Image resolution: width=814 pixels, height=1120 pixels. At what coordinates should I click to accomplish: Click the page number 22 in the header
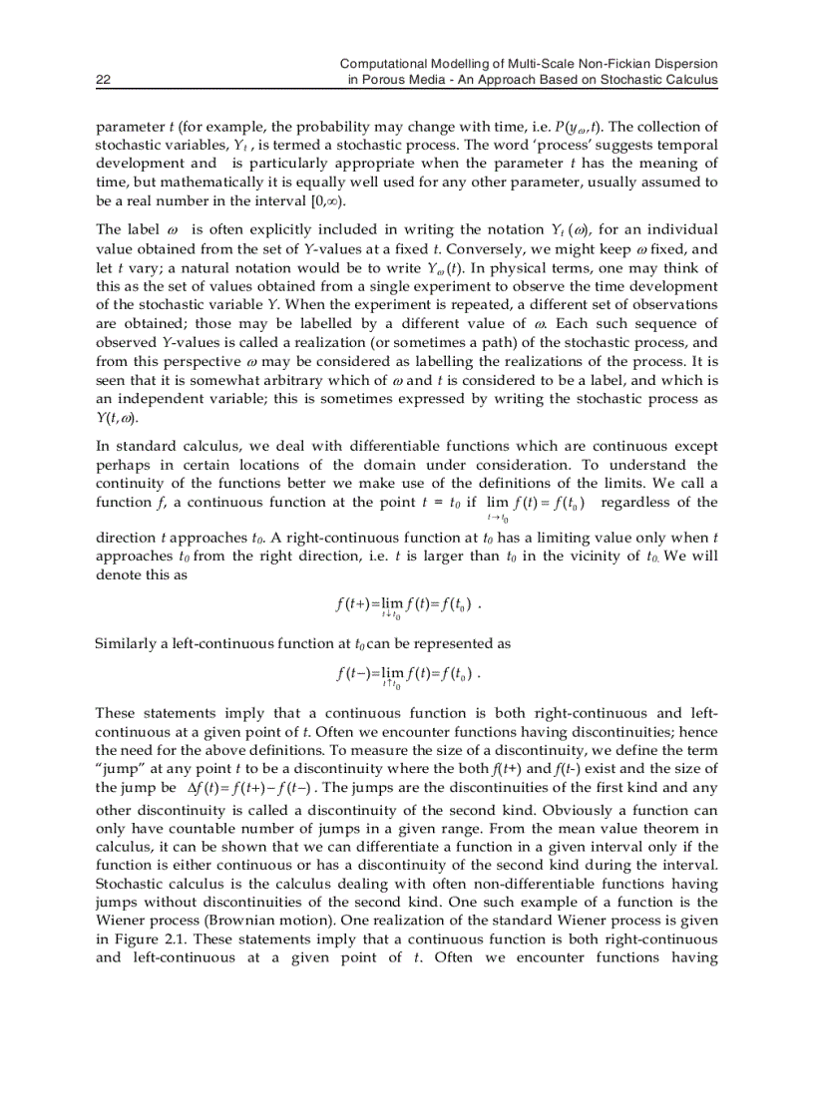click(103, 80)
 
